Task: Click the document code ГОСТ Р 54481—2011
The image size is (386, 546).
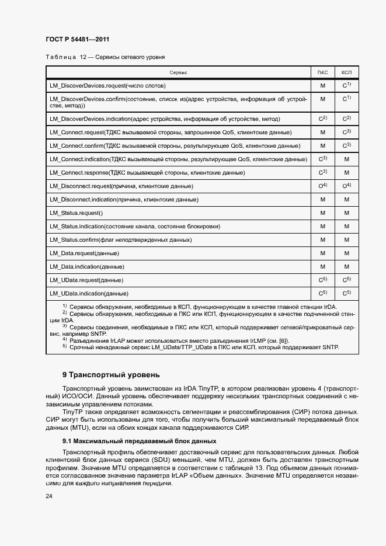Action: point(77,39)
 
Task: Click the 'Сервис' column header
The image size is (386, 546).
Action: point(178,72)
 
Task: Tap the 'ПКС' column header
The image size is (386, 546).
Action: point(322,72)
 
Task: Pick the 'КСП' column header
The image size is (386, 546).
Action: point(346,72)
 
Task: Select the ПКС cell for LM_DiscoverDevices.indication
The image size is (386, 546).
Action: point(322,119)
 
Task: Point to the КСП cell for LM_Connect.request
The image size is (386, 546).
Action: point(346,132)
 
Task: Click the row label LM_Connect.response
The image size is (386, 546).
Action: point(147,172)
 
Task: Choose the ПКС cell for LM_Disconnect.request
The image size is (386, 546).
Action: point(322,186)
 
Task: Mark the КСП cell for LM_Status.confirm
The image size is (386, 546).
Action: point(346,240)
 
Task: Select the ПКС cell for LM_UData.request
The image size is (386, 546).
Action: point(322,280)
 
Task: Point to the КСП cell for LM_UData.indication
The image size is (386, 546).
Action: point(346,293)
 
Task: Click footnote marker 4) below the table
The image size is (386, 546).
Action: point(65,339)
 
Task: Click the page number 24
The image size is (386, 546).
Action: point(49,496)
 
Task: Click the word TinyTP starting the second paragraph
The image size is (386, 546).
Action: point(81,412)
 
